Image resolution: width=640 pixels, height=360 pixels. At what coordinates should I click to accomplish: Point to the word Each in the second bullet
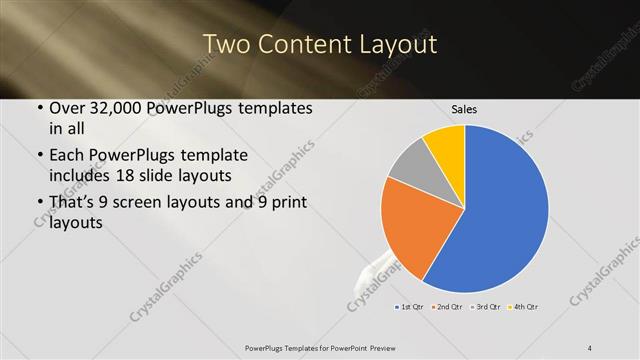coord(68,156)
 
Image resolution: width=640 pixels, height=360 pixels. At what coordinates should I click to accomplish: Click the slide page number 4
coord(589,348)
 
